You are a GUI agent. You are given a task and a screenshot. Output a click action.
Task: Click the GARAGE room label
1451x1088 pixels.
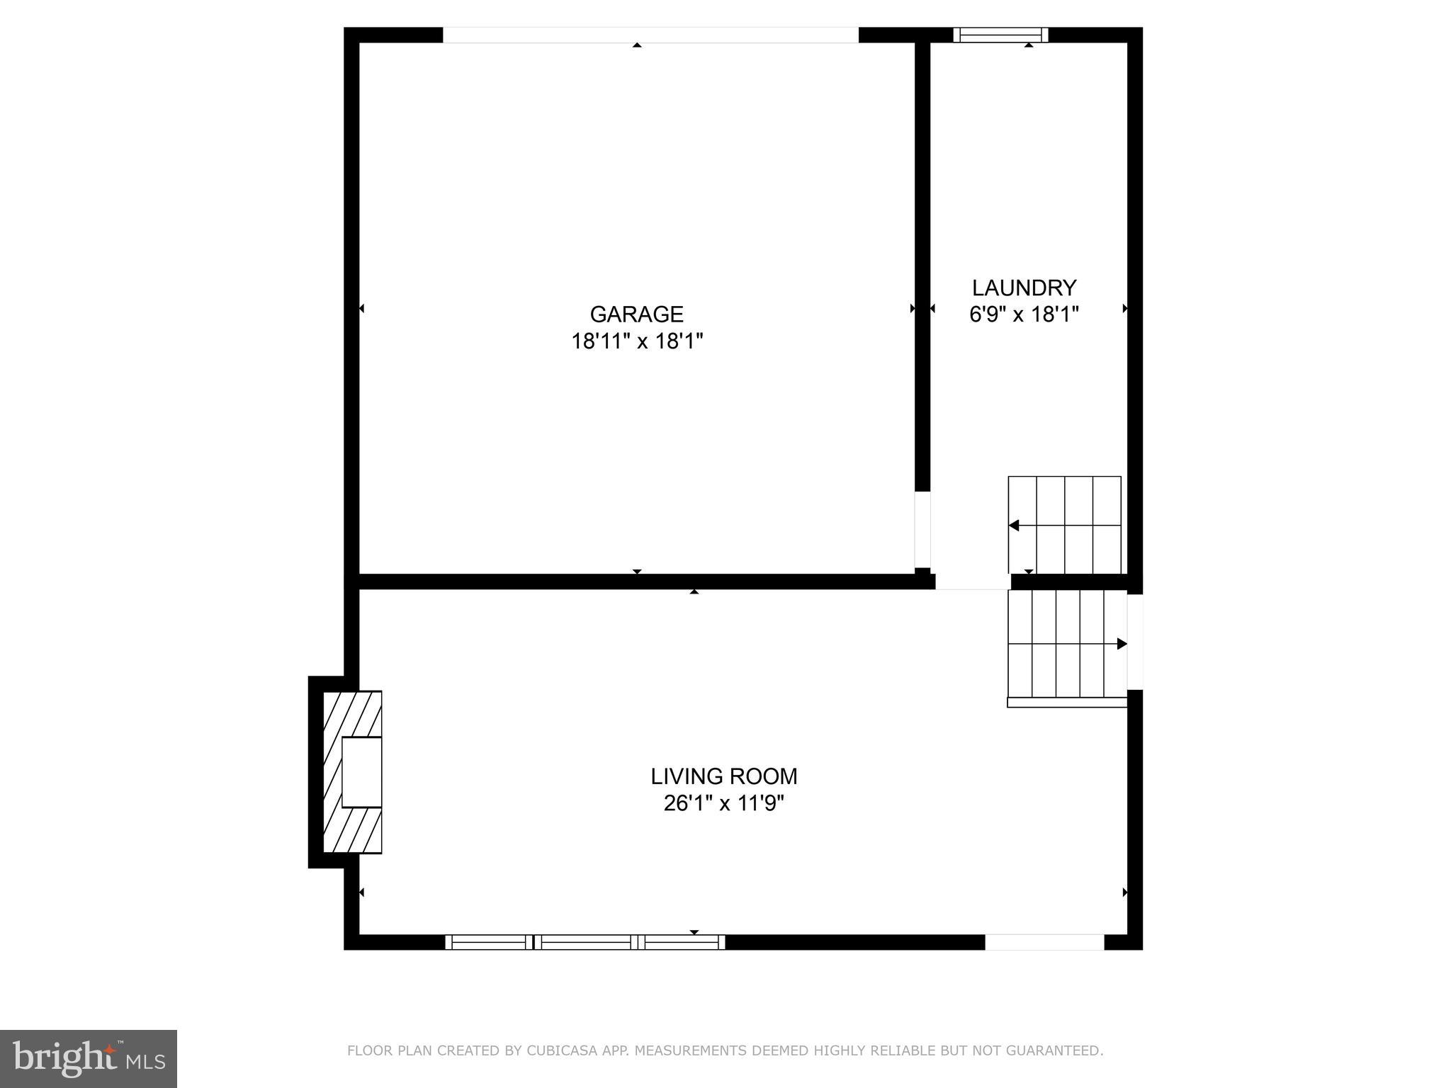click(x=636, y=314)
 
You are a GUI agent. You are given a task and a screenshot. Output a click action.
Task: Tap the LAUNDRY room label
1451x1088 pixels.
click(x=1024, y=288)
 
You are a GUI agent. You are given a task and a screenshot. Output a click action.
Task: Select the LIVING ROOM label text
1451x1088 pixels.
click(x=723, y=776)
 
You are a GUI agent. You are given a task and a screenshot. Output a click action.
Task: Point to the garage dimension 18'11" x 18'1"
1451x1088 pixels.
click(x=636, y=341)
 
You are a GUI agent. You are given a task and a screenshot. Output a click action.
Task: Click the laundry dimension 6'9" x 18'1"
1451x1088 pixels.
click(x=1024, y=314)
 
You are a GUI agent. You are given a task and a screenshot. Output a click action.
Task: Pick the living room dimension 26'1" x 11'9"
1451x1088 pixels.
click(x=723, y=803)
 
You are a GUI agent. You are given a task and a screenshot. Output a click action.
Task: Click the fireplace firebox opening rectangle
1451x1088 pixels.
click(x=362, y=772)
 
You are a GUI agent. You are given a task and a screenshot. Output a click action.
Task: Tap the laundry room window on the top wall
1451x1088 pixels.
click(x=1000, y=35)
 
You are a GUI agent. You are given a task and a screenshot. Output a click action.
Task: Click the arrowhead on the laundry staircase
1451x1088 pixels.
click(x=1014, y=526)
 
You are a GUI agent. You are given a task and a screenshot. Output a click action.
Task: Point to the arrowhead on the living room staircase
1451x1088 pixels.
click(x=1122, y=644)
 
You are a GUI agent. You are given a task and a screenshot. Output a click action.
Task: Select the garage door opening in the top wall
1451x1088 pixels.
click(x=650, y=35)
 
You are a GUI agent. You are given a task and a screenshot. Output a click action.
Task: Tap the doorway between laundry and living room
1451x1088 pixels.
click(x=973, y=582)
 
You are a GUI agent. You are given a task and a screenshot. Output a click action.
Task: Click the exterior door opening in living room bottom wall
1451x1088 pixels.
click(x=1044, y=942)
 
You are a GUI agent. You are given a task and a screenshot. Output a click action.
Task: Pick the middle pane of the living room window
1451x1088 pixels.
click(x=585, y=942)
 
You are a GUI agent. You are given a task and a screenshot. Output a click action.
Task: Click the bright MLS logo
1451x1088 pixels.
click(x=89, y=1059)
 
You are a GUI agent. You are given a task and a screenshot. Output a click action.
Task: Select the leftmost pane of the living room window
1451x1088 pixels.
click(x=489, y=942)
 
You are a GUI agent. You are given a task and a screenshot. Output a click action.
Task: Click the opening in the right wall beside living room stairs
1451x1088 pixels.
click(x=1135, y=642)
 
